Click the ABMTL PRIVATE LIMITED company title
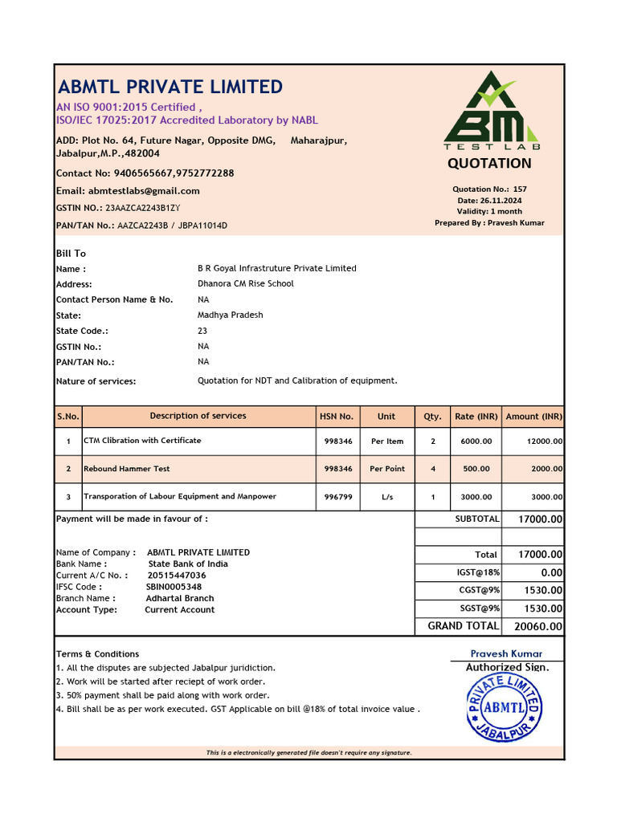[170, 87]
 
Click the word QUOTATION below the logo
[489, 164]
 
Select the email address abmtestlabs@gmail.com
[149, 191]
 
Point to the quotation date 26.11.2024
[501, 201]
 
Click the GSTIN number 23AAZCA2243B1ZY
[143, 208]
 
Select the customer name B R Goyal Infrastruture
[276, 268]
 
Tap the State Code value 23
[202, 331]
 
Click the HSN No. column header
[337, 417]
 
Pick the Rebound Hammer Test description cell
[127, 469]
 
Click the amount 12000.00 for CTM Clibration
[544, 442]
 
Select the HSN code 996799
[337, 497]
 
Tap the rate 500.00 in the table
[476, 469]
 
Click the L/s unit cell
[387, 497]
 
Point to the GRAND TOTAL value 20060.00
[537, 627]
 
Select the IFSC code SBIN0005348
[174, 587]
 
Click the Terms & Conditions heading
[97, 654]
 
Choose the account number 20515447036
[177, 576]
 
